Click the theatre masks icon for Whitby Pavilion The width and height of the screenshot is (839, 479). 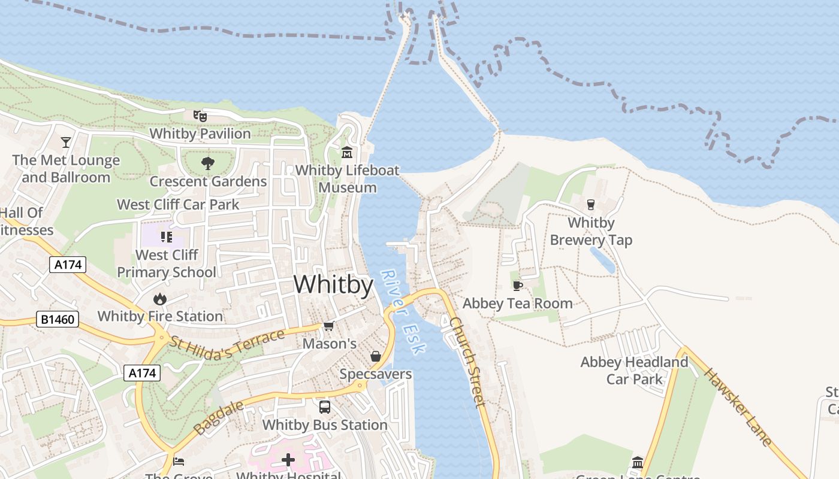(200, 116)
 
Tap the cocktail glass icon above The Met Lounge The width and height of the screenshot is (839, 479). (66, 143)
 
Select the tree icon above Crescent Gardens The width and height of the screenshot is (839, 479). (208, 163)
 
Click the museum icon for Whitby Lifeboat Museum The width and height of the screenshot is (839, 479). (347, 153)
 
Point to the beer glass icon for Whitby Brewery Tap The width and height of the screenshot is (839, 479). (591, 205)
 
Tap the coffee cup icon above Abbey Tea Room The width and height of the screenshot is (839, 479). (518, 285)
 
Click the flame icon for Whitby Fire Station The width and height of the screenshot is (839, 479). (159, 299)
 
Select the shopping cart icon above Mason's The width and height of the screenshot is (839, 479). (328, 326)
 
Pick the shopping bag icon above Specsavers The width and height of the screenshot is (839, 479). (376, 357)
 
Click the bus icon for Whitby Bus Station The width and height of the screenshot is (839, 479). (325, 407)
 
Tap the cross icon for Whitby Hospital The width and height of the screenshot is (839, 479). (288, 460)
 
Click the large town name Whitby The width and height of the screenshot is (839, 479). (333, 284)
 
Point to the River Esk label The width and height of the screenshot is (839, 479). (403, 311)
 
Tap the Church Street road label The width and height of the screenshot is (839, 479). (467, 362)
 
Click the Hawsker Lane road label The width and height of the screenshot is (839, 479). (737, 407)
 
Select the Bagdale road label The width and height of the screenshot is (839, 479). (219, 417)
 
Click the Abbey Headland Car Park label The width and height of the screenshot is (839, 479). (634, 371)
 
